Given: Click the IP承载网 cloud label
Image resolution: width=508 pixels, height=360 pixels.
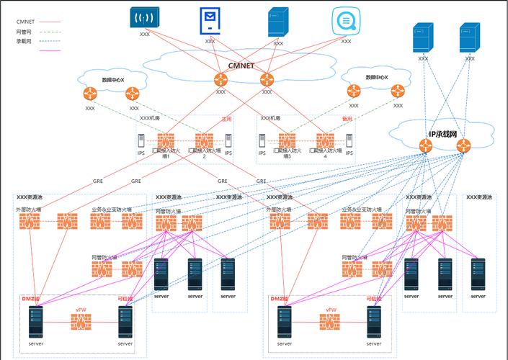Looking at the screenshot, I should [443, 134].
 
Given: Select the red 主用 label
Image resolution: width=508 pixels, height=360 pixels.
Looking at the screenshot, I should [226, 119].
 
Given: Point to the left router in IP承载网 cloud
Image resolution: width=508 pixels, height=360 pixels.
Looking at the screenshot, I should [427, 145].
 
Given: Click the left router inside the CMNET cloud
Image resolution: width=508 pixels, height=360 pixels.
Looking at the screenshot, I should [220, 79].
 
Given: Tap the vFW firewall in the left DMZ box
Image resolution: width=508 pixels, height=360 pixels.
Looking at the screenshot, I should [81, 322].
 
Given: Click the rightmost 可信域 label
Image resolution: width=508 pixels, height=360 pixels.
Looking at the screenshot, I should [373, 298].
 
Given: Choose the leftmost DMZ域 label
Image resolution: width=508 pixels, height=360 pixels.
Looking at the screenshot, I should [30, 298].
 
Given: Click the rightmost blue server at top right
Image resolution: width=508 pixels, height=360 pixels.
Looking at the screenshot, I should [469, 37].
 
